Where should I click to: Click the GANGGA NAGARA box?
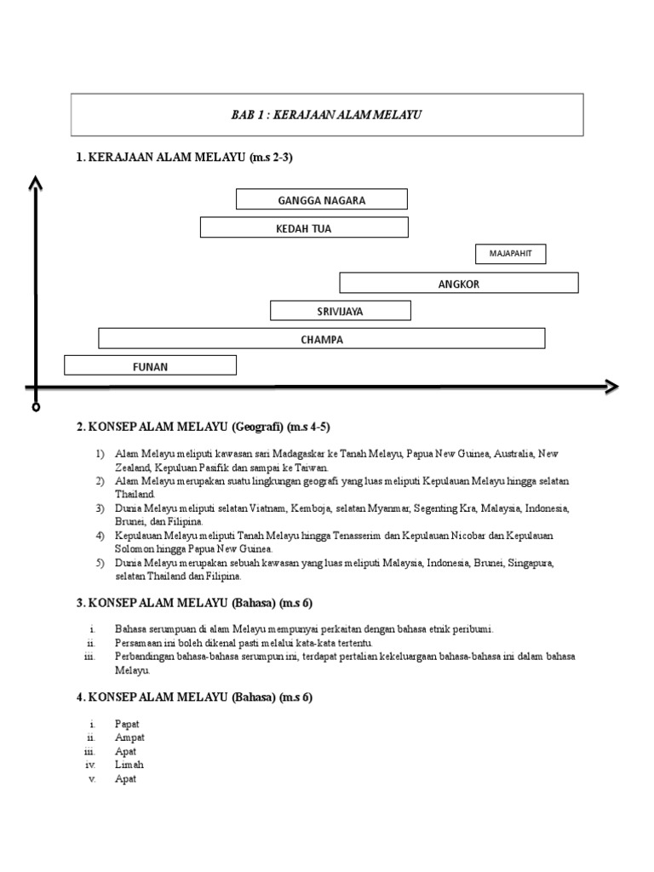[x=322, y=200]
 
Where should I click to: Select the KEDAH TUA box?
[x=304, y=228]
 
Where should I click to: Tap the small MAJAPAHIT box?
[x=510, y=254]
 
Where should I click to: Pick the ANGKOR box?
[x=459, y=284]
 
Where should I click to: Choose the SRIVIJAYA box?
[x=340, y=311]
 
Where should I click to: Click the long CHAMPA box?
[x=322, y=339]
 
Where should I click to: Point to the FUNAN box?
[x=150, y=366]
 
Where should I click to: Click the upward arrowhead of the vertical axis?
[x=35, y=183]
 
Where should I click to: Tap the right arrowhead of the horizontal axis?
[x=610, y=387]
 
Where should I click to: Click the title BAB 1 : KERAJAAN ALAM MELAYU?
[x=326, y=115]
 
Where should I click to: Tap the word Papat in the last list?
[x=127, y=724]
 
